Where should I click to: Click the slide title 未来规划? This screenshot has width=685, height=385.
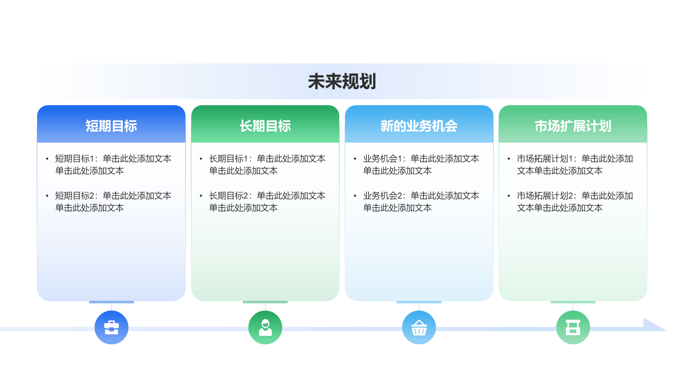click(x=342, y=82)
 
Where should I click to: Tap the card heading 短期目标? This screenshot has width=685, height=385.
click(x=111, y=126)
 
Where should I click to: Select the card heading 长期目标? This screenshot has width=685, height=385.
click(x=265, y=126)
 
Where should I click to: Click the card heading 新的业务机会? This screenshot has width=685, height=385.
click(x=419, y=126)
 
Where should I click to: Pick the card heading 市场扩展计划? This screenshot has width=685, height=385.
click(x=573, y=126)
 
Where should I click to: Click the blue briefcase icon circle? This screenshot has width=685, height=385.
click(x=111, y=327)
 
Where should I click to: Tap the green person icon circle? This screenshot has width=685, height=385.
click(x=265, y=327)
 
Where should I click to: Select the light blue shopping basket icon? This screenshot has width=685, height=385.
click(x=419, y=327)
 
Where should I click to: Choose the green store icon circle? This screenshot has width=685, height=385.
click(x=573, y=327)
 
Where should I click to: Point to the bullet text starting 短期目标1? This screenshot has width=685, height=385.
click(x=113, y=165)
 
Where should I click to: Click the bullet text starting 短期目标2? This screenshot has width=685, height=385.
click(x=113, y=202)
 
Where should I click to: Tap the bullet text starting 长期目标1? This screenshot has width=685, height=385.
click(x=267, y=165)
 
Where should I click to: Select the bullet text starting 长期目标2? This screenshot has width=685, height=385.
click(x=267, y=202)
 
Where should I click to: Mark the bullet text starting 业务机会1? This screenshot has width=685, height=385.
click(x=421, y=165)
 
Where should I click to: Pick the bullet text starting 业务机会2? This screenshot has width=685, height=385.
click(x=421, y=202)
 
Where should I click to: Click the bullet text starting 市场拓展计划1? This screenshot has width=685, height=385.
click(x=575, y=165)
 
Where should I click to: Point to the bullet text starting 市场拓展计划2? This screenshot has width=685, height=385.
click(x=575, y=202)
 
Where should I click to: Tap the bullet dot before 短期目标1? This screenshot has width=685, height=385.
click(x=47, y=159)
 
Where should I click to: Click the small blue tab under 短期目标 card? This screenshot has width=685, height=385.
click(x=111, y=302)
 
